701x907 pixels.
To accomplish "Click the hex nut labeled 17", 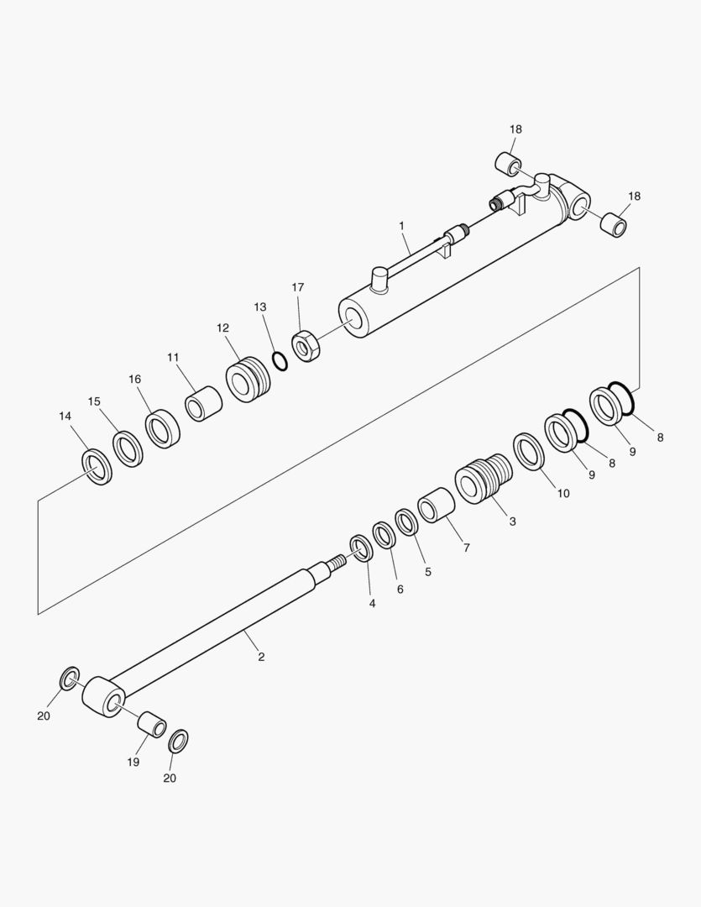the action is [306, 346].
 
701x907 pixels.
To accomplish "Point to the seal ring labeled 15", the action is [128, 448].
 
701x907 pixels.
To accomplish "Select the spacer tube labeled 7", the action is [436, 505].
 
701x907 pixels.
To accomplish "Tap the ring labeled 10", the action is [529, 451].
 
